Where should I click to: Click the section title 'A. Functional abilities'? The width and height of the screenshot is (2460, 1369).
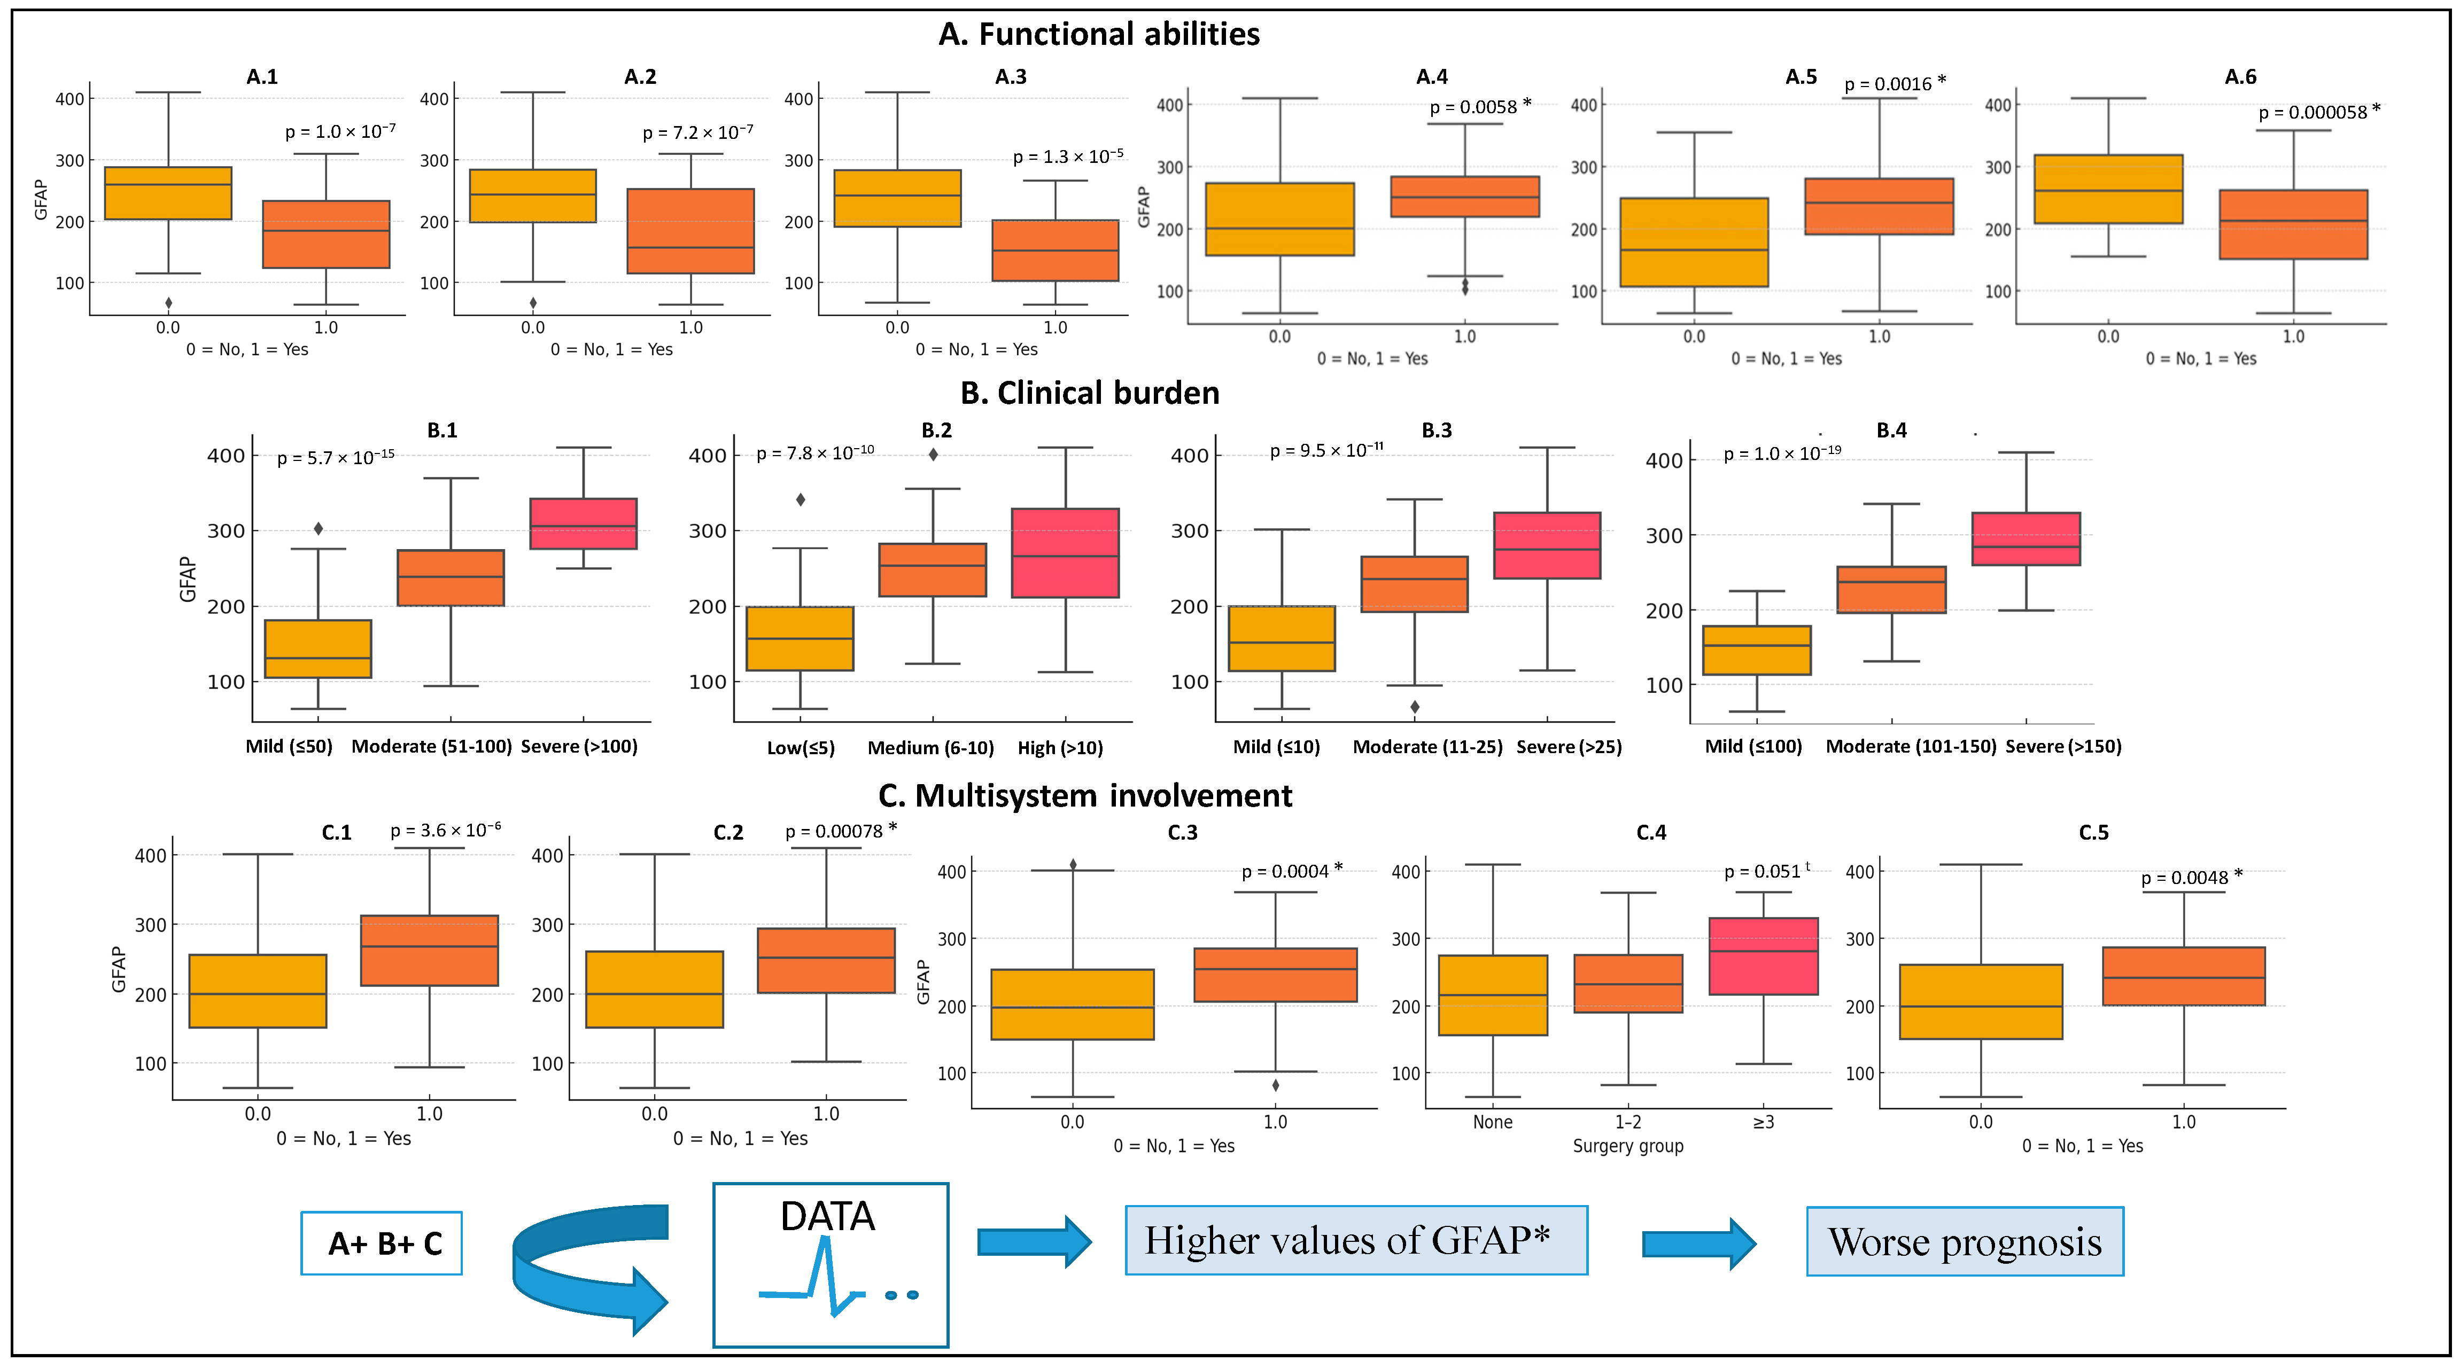tap(1098, 34)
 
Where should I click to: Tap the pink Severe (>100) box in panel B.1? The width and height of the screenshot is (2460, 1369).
tap(584, 523)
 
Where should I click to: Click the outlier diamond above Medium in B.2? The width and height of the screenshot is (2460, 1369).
tap(933, 455)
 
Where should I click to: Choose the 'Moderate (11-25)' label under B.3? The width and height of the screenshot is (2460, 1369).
tap(1427, 747)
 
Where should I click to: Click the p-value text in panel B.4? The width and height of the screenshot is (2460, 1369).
tap(1781, 453)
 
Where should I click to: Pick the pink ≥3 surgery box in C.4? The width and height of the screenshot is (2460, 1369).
tap(1763, 956)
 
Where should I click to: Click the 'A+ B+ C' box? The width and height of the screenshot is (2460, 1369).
tap(382, 1243)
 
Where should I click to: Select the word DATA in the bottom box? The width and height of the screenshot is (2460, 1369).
tap(827, 1216)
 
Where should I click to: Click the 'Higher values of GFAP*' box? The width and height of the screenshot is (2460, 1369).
tap(1356, 1240)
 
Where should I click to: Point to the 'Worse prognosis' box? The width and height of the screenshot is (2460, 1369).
tap(1965, 1241)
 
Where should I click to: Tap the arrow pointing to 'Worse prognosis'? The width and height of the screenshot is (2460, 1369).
tap(1698, 1243)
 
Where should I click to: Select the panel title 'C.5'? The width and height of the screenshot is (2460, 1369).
tap(2093, 833)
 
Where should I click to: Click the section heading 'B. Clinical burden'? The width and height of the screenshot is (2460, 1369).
tap(1090, 393)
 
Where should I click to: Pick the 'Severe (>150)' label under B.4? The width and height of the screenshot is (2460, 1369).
tap(2063, 747)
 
